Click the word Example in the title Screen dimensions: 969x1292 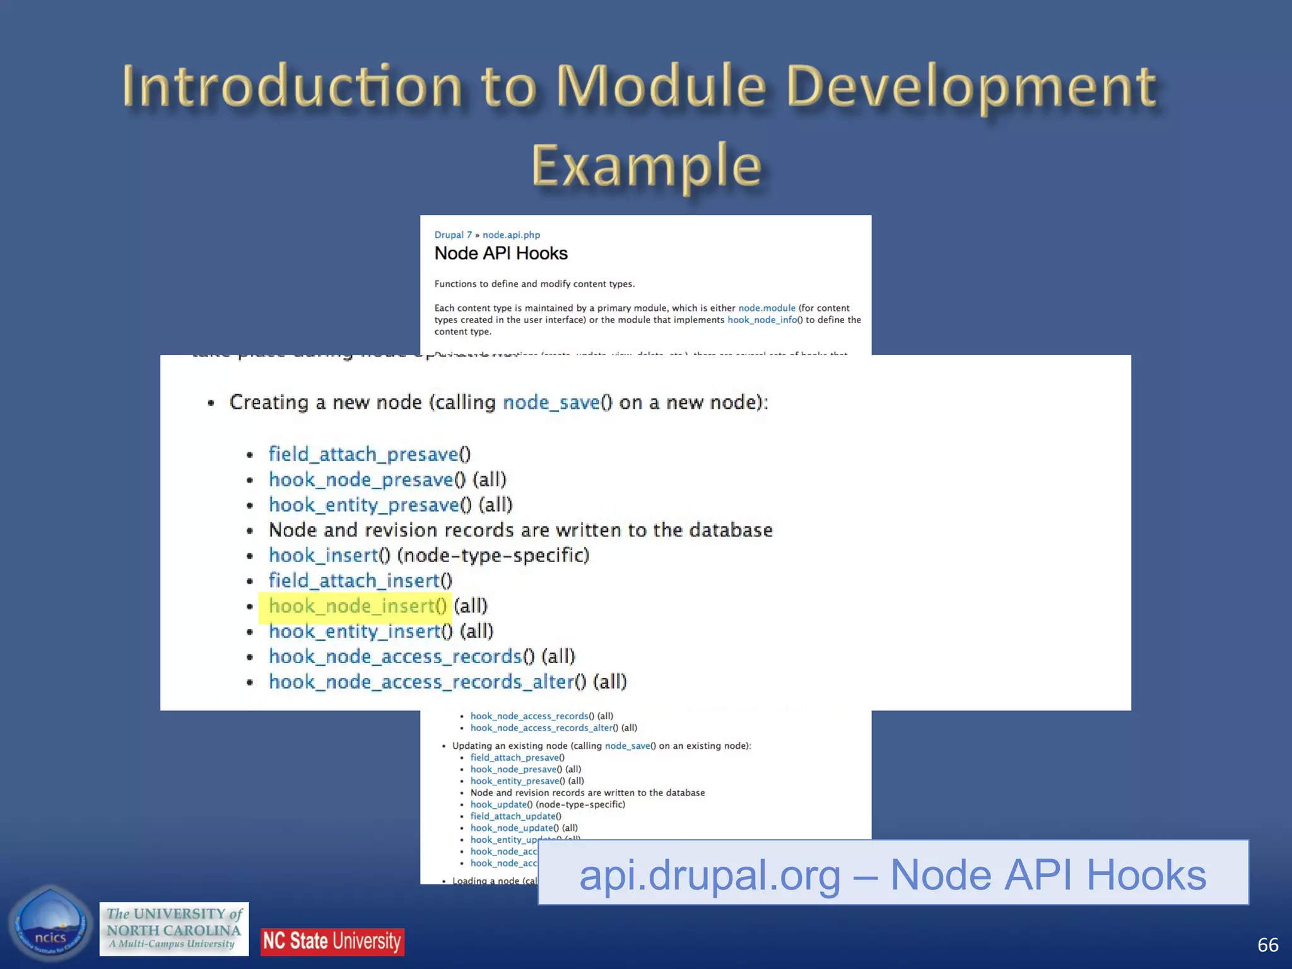(646, 166)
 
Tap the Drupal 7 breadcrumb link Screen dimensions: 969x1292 (452, 235)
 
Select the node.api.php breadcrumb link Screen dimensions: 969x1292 (511, 235)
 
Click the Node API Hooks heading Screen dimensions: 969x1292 (501, 254)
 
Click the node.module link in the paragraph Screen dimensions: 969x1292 (766, 308)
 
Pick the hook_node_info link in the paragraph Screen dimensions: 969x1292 (761, 320)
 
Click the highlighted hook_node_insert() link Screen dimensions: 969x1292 (357, 606)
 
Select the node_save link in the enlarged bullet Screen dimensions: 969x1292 (551, 402)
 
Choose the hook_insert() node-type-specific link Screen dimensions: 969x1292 (329, 555)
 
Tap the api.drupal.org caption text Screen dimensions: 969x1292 (892, 874)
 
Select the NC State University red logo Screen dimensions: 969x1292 (332, 941)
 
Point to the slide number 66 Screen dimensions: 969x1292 (1267, 944)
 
